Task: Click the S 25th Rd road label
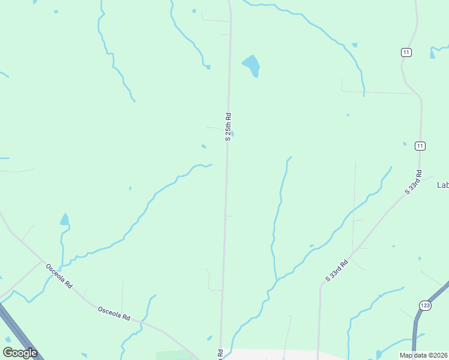point(228,127)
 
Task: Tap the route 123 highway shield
point(426,305)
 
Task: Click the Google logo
point(20,353)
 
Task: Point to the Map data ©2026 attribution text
point(424,355)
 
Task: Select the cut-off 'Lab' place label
point(442,185)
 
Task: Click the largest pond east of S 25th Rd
point(252,65)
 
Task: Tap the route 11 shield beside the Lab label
point(420,146)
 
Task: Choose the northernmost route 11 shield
point(406,53)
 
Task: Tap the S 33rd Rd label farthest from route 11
point(337,271)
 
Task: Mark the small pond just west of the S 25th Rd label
point(204,146)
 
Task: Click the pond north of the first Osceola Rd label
point(64,220)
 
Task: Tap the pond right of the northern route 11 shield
point(432,54)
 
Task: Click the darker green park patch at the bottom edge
point(174,355)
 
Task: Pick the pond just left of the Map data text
point(378,354)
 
